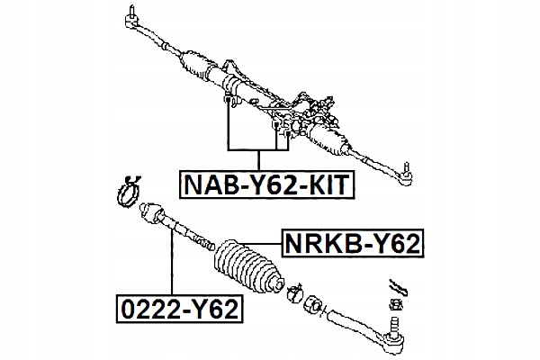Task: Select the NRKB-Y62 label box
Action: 353,242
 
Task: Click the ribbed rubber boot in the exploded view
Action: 248,266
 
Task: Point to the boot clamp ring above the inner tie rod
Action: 127,192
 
